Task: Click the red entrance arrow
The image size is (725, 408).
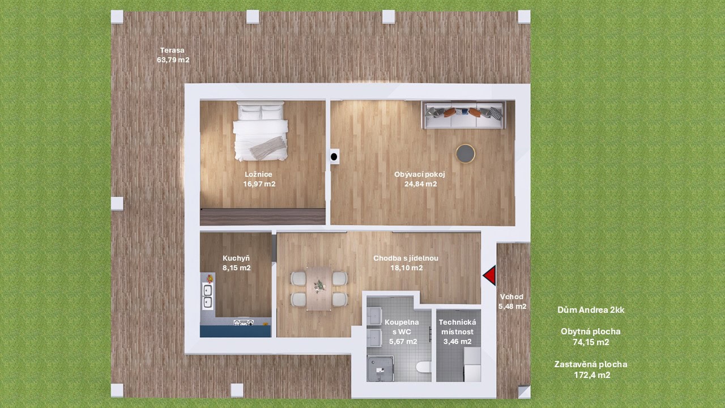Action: point(490,275)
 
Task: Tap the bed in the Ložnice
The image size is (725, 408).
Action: point(260,131)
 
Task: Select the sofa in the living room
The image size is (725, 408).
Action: point(463,115)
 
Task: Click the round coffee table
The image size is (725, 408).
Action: point(466,154)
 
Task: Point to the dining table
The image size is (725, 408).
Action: point(319,288)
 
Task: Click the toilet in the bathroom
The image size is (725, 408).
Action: point(424,367)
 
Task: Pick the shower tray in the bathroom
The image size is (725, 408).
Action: point(380,368)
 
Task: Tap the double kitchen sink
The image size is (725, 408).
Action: point(207,296)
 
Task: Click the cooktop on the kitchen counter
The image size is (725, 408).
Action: point(244,322)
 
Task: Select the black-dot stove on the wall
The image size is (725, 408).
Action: point(334,157)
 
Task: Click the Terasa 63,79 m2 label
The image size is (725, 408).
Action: point(173,55)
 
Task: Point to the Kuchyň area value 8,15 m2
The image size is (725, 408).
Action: point(237,268)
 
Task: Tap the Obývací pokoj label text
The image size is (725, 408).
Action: point(420,174)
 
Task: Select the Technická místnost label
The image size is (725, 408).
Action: point(457,327)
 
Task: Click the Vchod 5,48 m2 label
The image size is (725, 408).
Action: point(512,301)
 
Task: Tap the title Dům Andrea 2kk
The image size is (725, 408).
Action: point(591,310)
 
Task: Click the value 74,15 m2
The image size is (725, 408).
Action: point(591,342)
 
